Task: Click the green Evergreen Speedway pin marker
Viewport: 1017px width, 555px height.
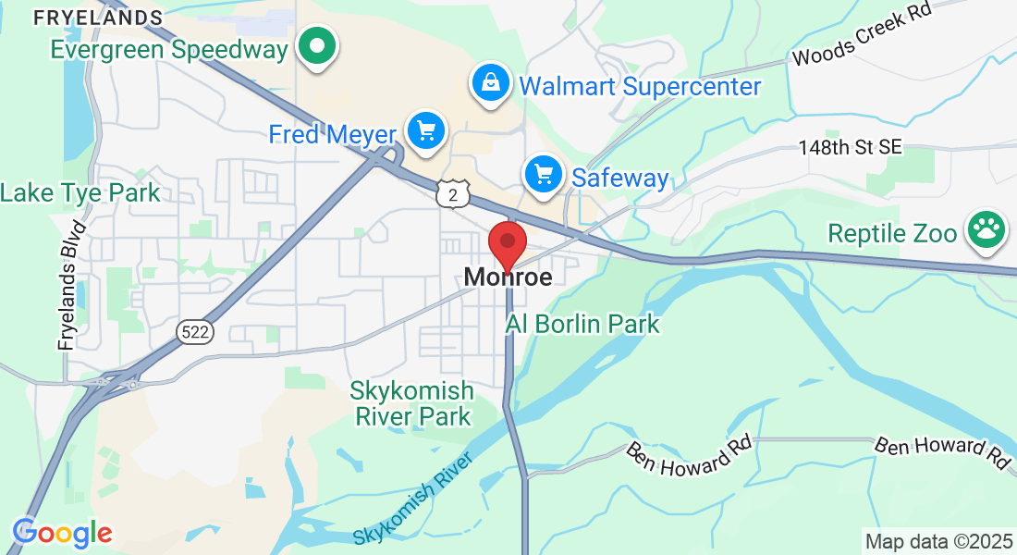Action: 317,46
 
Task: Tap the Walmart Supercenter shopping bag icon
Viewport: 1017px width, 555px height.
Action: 491,84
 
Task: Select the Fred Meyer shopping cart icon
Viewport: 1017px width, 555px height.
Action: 426,131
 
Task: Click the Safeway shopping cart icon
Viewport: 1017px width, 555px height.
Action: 544,174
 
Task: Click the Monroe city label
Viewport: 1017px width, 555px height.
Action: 508,277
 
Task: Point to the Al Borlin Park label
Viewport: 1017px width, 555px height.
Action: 582,324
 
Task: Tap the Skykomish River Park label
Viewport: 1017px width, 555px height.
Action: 411,403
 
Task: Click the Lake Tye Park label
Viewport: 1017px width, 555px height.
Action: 80,193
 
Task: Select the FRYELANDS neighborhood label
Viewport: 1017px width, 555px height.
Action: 98,18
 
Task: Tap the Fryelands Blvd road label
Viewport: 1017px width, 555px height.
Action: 72,285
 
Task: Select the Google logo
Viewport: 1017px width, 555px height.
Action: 62,533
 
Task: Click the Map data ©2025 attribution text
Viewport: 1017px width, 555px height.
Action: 937,541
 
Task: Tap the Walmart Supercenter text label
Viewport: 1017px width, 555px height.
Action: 640,87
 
